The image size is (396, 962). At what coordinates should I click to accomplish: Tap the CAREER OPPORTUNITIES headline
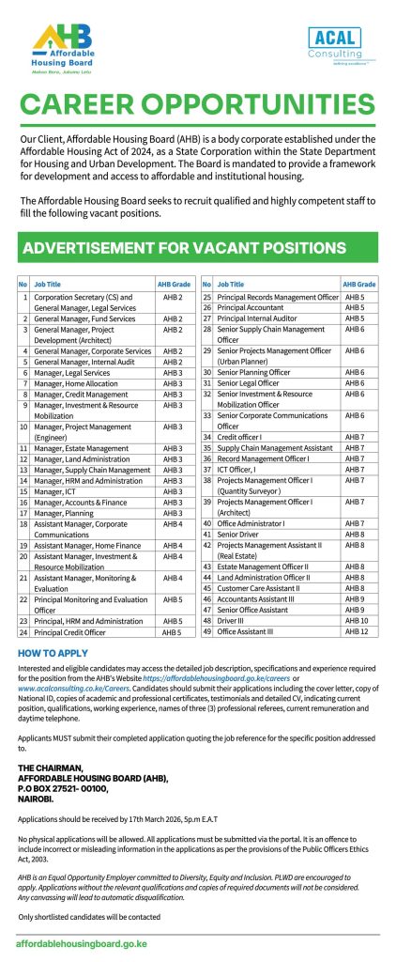pos(198,104)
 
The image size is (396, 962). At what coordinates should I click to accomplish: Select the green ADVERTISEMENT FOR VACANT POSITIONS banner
pos(198,247)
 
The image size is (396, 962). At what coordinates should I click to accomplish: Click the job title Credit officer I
pos(242,437)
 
